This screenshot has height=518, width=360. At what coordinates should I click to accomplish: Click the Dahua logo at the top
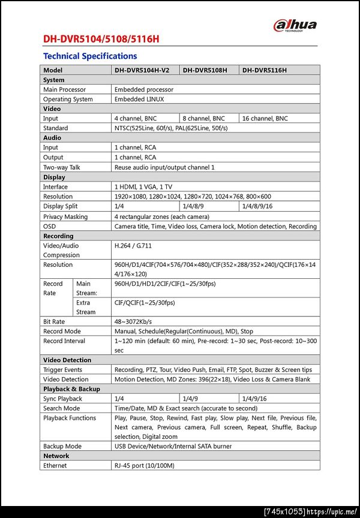click(x=295, y=25)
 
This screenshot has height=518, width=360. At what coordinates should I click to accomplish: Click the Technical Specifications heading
click(x=90, y=56)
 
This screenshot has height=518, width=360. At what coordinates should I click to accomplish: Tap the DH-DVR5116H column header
click(x=265, y=70)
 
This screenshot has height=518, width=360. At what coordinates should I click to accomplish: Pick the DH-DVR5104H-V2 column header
click(x=142, y=70)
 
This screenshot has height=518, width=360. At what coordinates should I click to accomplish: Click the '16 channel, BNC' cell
click(x=265, y=119)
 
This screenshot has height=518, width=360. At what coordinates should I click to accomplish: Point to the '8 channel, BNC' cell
click(x=203, y=119)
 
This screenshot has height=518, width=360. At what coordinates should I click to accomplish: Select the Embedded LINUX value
click(x=139, y=100)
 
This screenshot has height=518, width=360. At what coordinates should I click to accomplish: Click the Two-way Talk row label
click(x=61, y=167)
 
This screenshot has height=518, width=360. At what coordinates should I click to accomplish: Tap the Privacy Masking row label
click(x=65, y=216)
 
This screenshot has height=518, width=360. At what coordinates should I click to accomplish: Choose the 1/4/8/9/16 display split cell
click(x=257, y=206)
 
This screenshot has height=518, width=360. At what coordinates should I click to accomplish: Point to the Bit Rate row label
click(x=54, y=321)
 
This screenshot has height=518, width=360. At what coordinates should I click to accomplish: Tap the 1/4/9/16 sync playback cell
click(x=254, y=399)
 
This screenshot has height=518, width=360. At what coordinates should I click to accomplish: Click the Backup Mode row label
click(x=62, y=446)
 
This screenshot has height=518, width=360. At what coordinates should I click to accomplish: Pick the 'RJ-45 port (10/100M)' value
click(x=144, y=466)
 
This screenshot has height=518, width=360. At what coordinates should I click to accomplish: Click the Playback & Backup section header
click(x=71, y=389)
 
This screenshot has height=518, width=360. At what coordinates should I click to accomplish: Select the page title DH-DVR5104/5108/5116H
click(x=101, y=40)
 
